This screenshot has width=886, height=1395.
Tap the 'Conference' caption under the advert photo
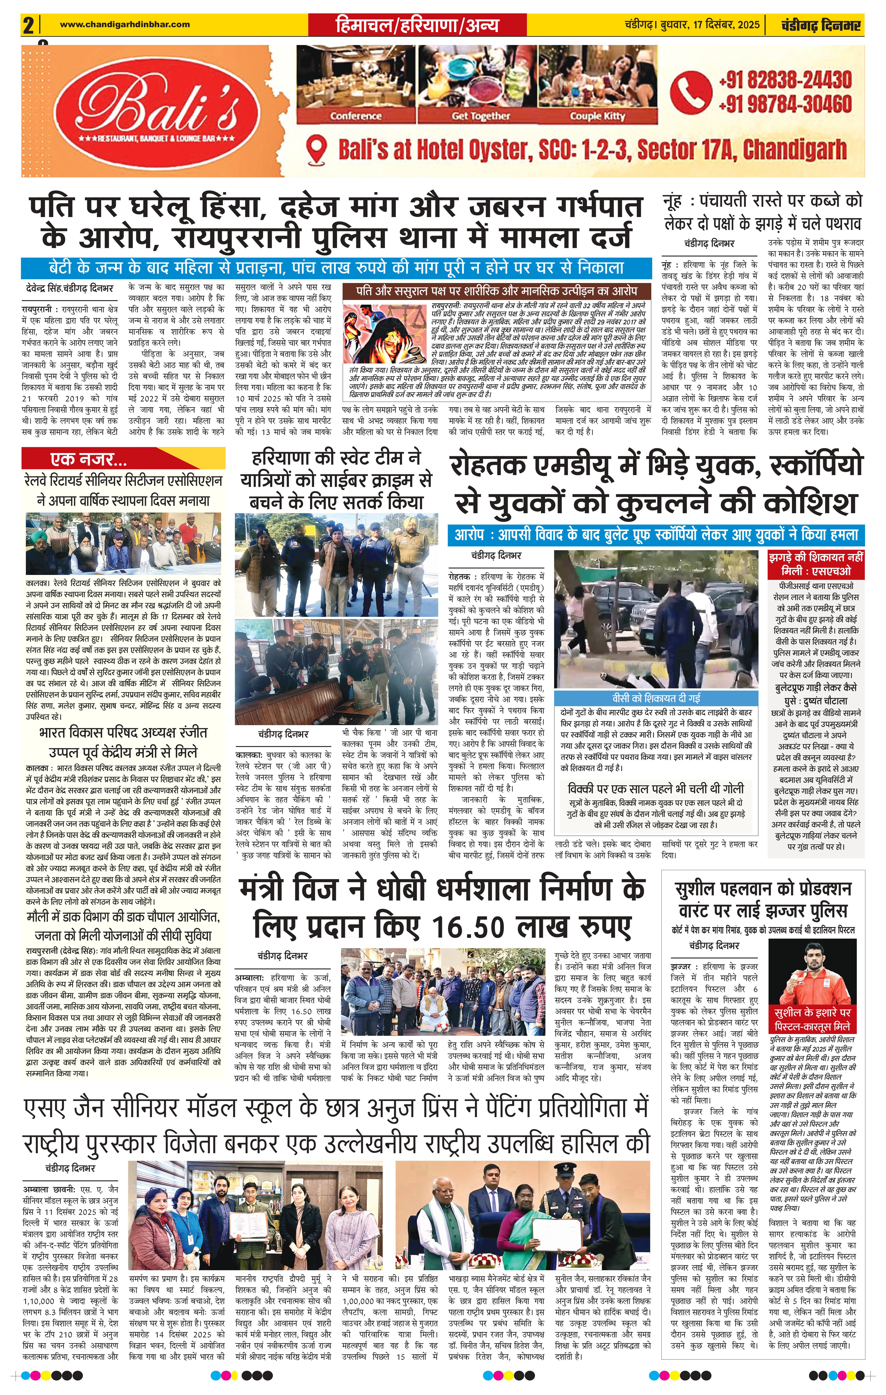click(x=356, y=116)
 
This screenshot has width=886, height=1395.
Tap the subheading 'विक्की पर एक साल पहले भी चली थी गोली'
click(x=656, y=788)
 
